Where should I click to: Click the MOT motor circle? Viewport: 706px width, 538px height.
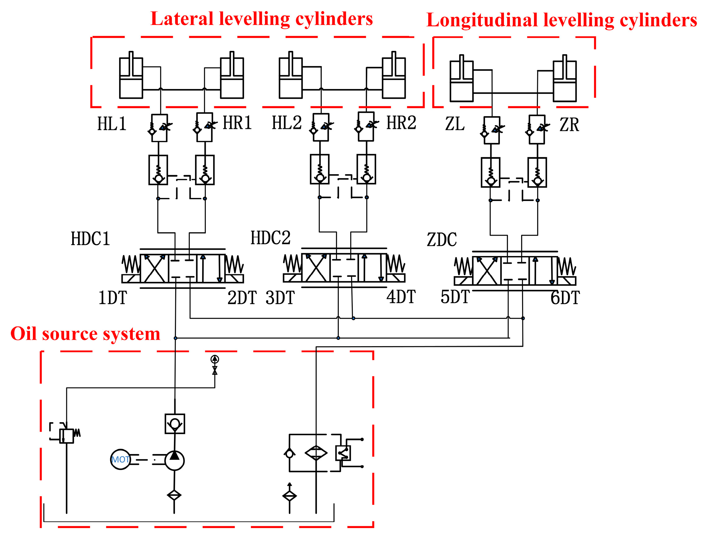(x=120, y=459)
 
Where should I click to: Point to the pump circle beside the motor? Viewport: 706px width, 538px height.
(x=174, y=460)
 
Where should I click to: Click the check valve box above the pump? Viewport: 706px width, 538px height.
(x=175, y=424)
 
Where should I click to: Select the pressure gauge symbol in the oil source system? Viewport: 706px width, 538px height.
(x=215, y=359)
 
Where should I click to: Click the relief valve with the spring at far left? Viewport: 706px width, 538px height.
(x=67, y=436)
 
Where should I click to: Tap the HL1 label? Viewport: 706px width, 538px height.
(x=112, y=124)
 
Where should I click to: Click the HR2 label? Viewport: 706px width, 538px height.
(x=401, y=123)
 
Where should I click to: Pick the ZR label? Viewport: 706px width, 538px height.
(x=569, y=125)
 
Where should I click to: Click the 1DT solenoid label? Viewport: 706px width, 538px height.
(x=113, y=298)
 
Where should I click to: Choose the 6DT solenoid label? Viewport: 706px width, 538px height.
(x=565, y=298)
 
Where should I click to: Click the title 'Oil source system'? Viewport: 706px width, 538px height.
(x=85, y=334)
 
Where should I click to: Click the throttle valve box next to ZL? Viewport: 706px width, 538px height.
(x=491, y=130)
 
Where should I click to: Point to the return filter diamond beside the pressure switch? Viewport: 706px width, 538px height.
(x=316, y=453)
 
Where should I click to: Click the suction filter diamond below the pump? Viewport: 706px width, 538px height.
(x=174, y=495)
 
